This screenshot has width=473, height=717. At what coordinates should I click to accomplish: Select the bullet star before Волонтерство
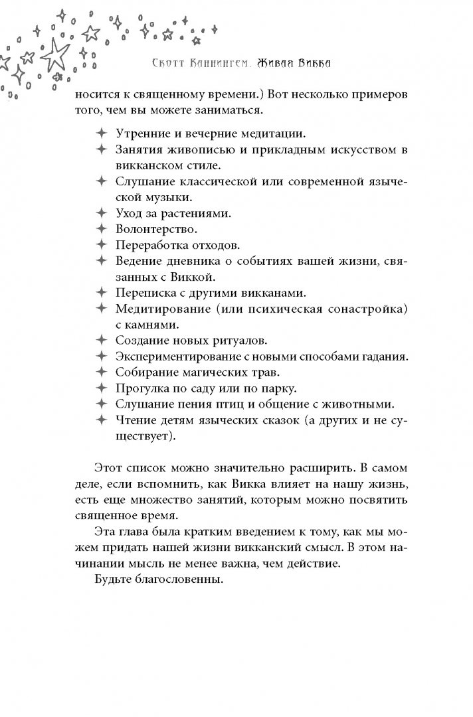point(101,230)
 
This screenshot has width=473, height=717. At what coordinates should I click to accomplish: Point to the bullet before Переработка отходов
point(101,245)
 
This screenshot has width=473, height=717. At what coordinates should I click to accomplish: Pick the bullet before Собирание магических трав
point(101,372)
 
